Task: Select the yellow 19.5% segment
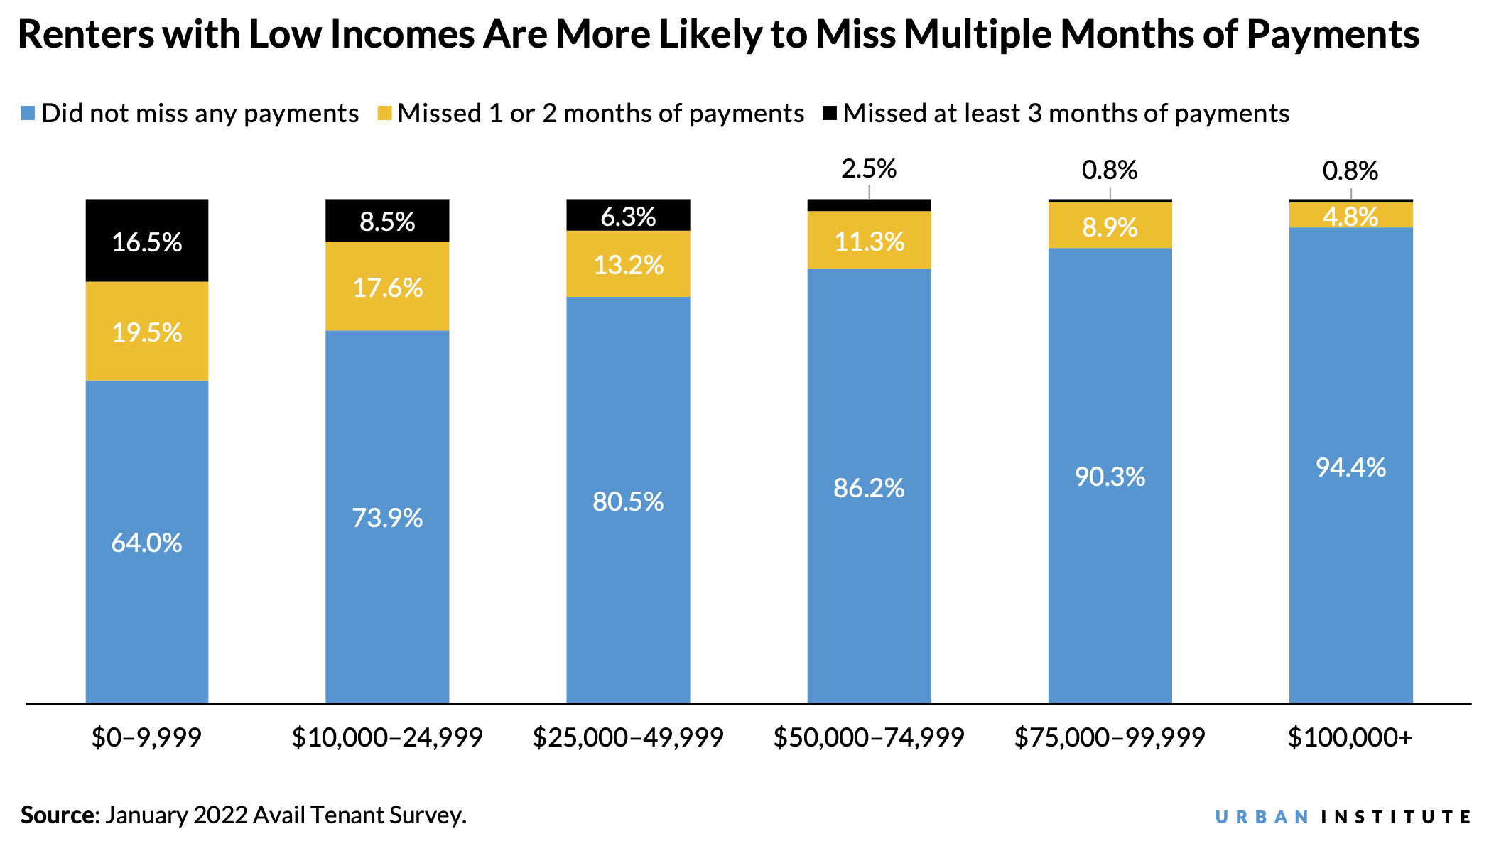[x=147, y=331]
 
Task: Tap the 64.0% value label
[x=147, y=543]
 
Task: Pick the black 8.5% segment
[x=387, y=221]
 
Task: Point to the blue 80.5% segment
[x=628, y=500]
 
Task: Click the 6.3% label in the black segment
[x=628, y=217]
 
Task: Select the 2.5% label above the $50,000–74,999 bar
[x=869, y=169]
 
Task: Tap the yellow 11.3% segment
[x=869, y=241]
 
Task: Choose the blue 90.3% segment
[x=1110, y=476]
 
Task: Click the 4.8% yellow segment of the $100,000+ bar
[x=1350, y=216]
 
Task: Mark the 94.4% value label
[x=1350, y=467]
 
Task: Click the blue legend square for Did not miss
[x=28, y=114]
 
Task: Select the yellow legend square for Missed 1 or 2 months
[x=384, y=114]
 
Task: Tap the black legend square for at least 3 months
[x=830, y=113]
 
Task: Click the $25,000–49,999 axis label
[x=628, y=738]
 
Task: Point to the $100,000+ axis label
[x=1350, y=738]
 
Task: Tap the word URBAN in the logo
[x=1262, y=817]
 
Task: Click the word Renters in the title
[x=85, y=34]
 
